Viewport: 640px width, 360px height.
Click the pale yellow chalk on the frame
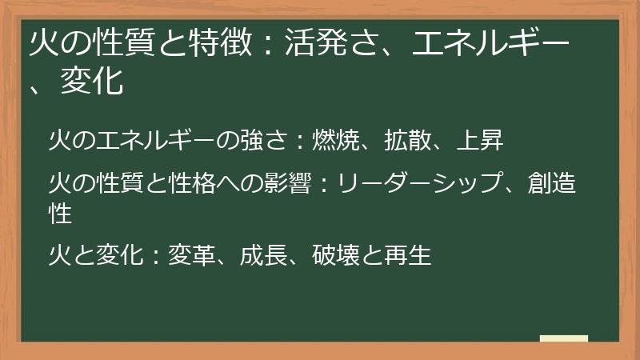tap(563, 338)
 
